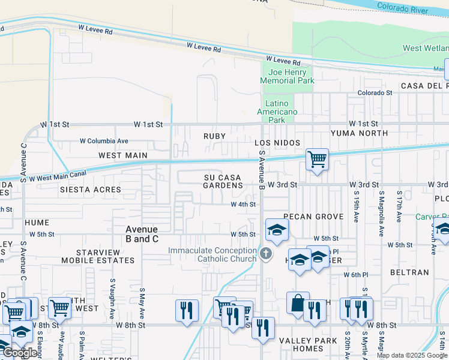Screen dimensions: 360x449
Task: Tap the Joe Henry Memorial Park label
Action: click(x=288, y=76)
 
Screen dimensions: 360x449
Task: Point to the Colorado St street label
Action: click(x=375, y=93)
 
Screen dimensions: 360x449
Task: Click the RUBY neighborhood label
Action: click(x=214, y=136)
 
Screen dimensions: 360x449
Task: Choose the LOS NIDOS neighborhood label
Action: click(x=276, y=143)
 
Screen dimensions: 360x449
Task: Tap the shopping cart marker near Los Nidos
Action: click(x=317, y=160)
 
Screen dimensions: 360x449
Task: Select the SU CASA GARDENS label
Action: click(x=222, y=182)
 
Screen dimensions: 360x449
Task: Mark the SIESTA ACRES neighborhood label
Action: click(x=90, y=190)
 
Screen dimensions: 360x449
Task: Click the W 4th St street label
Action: click(x=244, y=205)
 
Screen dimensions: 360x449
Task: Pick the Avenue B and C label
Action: click(x=142, y=234)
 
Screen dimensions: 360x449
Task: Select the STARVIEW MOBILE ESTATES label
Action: click(x=99, y=256)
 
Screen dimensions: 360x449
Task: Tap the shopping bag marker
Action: click(x=298, y=303)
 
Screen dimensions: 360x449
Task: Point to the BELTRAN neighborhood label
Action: click(x=409, y=272)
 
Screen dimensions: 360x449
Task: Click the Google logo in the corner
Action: click(x=20, y=353)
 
